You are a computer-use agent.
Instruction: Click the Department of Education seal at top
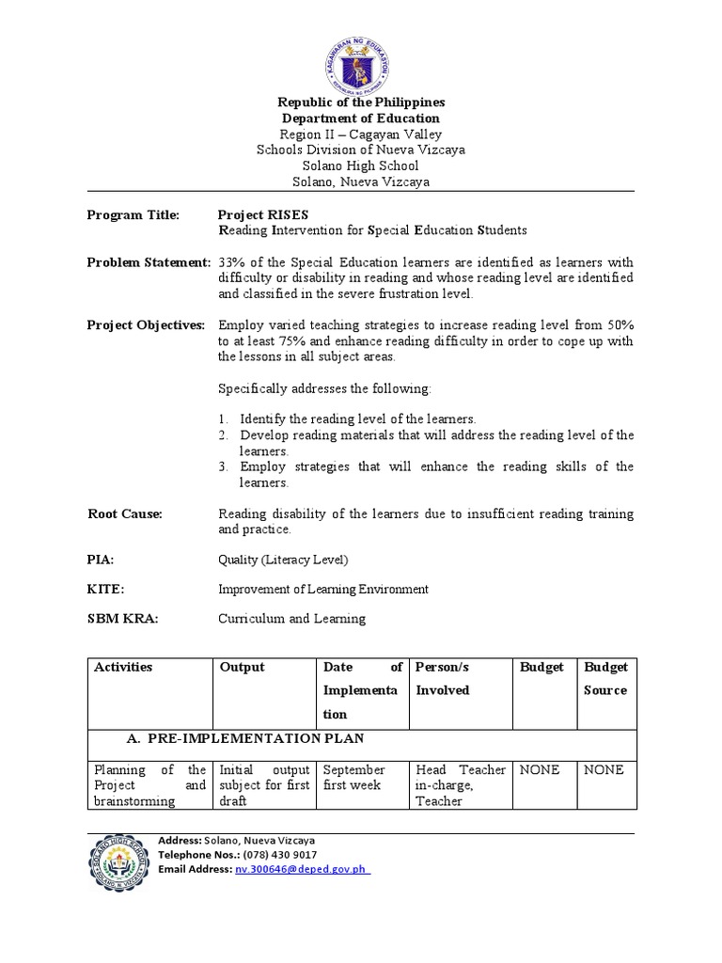click(x=362, y=65)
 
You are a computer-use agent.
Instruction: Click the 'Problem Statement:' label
click(x=149, y=261)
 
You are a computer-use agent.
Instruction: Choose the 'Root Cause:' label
click(x=125, y=513)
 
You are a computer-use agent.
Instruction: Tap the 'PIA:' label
click(x=101, y=560)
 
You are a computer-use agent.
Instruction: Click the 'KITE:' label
click(x=105, y=589)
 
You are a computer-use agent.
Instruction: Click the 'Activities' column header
click(x=123, y=667)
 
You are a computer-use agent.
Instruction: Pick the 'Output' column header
click(x=242, y=667)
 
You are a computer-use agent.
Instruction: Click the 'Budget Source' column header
click(x=605, y=678)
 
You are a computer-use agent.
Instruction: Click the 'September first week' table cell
click(x=354, y=777)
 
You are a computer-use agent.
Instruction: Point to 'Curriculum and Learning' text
click(x=291, y=619)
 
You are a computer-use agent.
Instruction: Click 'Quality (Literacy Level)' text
click(x=283, y=560)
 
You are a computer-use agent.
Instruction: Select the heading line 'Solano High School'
click(x=361, y=166)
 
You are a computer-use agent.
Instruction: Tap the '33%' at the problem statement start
click(x=230, y=261)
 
